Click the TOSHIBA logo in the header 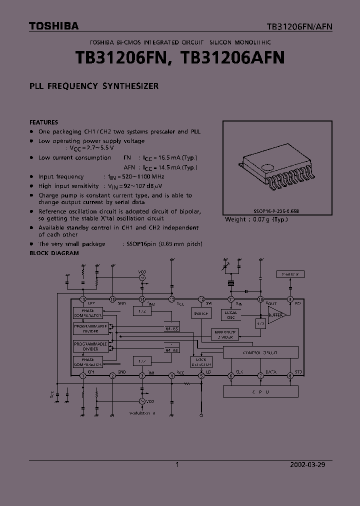click(x=53, y=26)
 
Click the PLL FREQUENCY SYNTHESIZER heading click(x=94, y=86)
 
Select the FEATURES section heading click(x=43, y=122)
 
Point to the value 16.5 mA click(x=169, y=157)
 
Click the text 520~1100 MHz click(x=137, y=176)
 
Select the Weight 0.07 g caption click(x=257, y=219)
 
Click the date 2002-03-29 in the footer click(x=307, y=464)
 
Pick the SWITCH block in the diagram click(x=201, y=313)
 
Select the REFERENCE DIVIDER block click(x=225, y=334)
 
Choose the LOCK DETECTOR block click(x=201, y=362)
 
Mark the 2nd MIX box click(x=290, y=274)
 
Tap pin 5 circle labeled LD click(x=201, y=375)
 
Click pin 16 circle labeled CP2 click(x=83, y=299)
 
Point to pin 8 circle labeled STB click(x=290, y=375)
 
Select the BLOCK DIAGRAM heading click(x=54, y=253)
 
